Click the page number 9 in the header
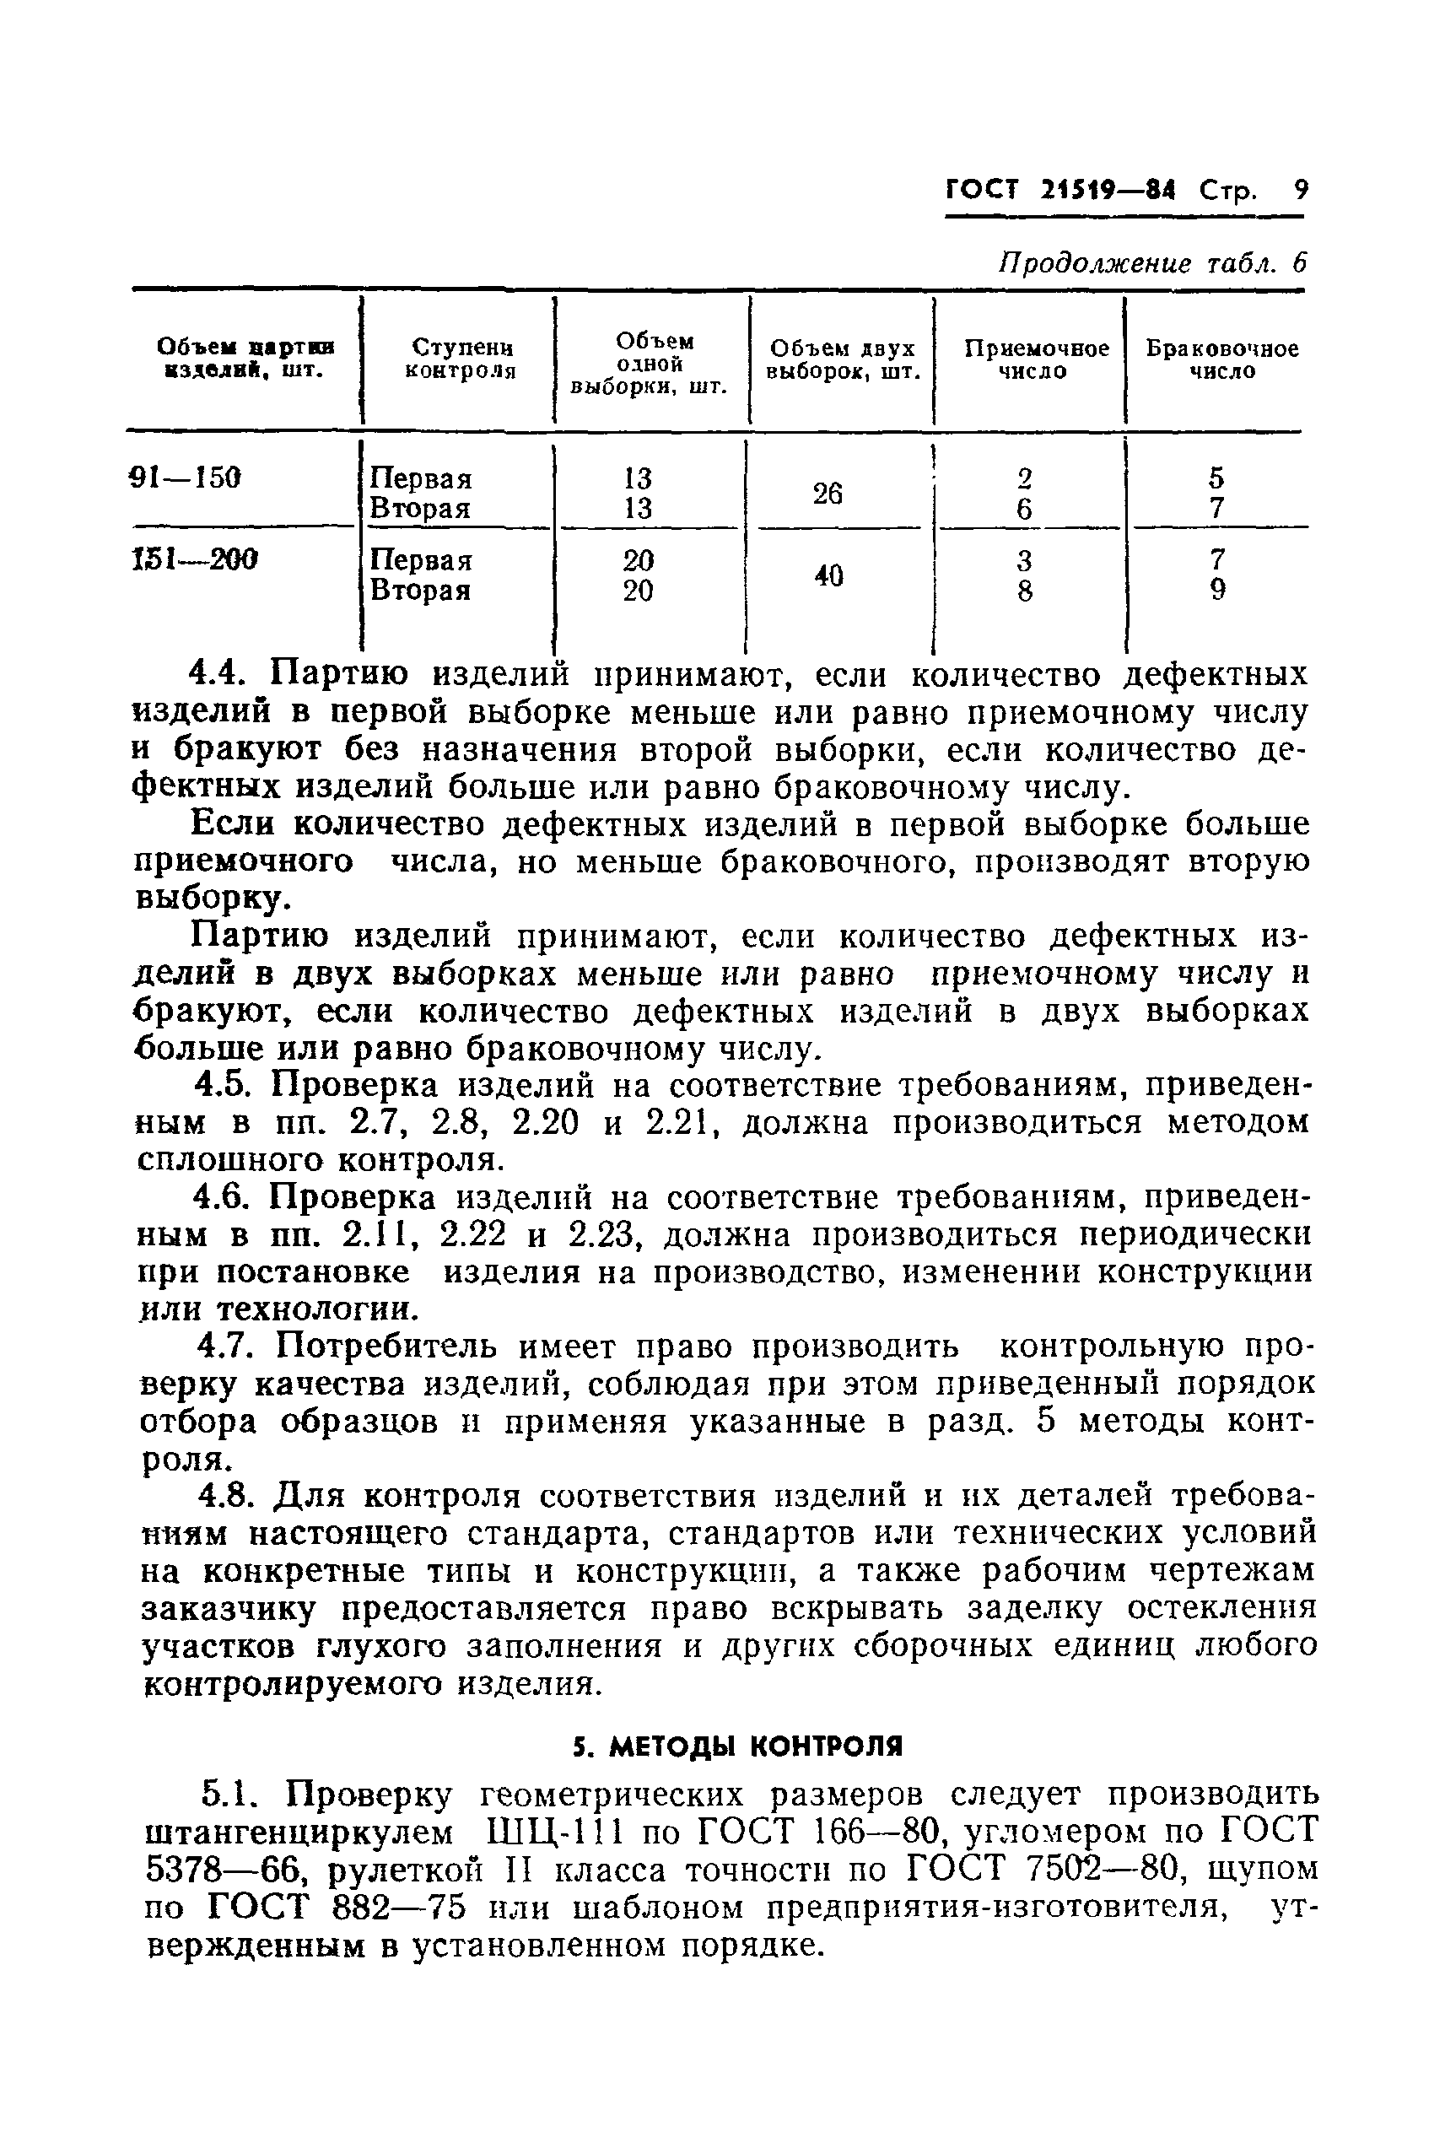click(1300, 190)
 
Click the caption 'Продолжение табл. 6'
click(1153, 263)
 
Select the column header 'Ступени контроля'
click(461, 359)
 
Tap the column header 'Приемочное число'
click(1036, 359)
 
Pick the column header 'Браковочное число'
click(1222, 359)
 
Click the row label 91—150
click(186, 478)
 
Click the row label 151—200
click(195, 559)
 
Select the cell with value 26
click(827, 494)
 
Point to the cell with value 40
click(828, 576)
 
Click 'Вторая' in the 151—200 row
click(420, 591)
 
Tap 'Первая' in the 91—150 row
click(420, 479)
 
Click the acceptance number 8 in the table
click(1024, 591)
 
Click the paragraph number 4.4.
click(218, 675)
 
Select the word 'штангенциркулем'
click(300, 1833)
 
